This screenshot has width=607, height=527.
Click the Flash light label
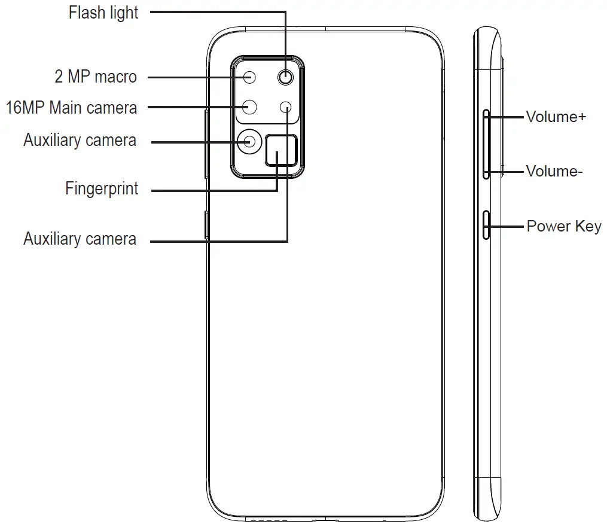coord(103,13)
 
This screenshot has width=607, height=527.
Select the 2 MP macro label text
coord(96,77)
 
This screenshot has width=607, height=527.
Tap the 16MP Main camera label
coord(71,108)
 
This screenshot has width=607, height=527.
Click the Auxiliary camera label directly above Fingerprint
coord(80,141)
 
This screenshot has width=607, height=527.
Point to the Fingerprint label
coord(102,189)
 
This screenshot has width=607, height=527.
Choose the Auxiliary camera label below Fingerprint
coord(80,239)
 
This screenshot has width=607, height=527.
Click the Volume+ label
coord(556,117)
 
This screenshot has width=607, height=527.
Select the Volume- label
coord(554,172)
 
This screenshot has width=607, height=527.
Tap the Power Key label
coord(563,227)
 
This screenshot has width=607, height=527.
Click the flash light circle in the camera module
coord(287,77)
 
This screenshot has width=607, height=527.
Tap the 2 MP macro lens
coord(250,77)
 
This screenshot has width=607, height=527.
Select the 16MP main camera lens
coord(250,107)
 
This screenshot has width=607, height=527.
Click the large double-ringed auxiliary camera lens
coord(249,141)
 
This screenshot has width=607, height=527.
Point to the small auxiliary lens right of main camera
coord(287,107)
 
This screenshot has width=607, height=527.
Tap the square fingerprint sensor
coord(280,150)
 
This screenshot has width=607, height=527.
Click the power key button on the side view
coord(487,225)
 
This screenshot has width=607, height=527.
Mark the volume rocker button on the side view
coord(487,144)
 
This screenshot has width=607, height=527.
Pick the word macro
coord(115,77)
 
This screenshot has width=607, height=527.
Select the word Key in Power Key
coord(588,227)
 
